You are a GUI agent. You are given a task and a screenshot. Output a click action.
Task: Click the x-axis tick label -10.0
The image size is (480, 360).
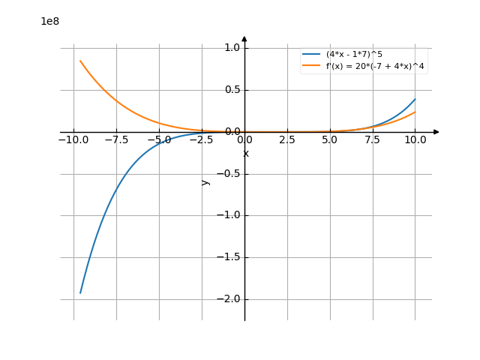(x=73, y=140)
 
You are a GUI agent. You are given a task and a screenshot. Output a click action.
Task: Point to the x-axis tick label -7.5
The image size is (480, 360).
(x=116, y=140)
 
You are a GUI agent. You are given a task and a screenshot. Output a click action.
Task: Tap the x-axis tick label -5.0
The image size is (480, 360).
(x=159, y=140)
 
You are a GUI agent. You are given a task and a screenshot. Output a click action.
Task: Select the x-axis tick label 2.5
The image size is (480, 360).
(x=287, y=140)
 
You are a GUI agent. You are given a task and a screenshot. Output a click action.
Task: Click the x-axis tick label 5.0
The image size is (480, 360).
(x=330, y=140)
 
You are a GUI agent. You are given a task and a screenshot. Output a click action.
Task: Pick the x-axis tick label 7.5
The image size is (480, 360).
(x=373, y=140)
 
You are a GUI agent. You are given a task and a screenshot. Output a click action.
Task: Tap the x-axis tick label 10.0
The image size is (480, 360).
(x=415, y=140)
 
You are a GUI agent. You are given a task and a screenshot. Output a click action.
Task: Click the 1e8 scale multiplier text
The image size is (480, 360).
(x=50, y=21)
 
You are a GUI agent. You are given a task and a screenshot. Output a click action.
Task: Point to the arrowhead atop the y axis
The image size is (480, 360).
(x=244, y=38)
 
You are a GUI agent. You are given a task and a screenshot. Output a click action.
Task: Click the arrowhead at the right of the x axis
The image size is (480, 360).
(x=436, y=132)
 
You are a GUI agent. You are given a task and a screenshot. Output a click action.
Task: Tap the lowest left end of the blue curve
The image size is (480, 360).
(x=80, y=292)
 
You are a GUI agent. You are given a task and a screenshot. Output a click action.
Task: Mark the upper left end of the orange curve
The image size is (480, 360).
(x=80, y=61)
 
